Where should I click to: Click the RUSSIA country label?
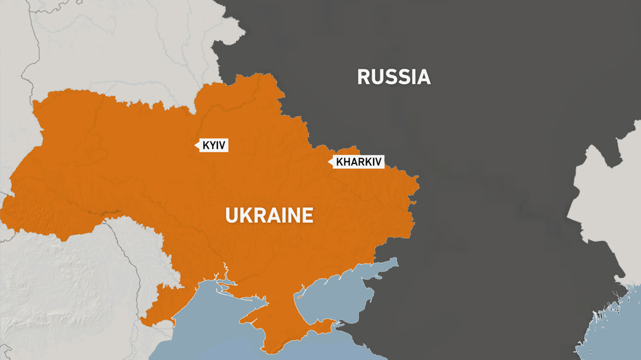click(x=394, y=78)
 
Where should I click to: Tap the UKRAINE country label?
click(x=269, y=215)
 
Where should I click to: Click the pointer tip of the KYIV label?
click(x=195, y=146)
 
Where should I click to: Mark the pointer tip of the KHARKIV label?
click(x=329, y=162)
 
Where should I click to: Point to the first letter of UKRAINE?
click(x=231, y=215)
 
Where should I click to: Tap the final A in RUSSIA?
click(x=423, y=78)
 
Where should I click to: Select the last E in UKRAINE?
click(x=308, y=215)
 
